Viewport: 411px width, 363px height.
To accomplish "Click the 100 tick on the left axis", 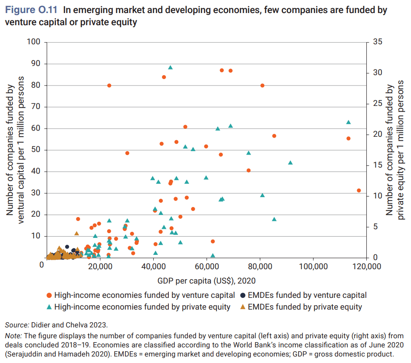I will [33, 42].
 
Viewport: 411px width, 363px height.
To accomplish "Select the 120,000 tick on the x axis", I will [366, 266].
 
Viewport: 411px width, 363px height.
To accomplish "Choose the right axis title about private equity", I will [395, 150].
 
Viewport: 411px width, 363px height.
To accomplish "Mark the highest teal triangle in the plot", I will [171, 67].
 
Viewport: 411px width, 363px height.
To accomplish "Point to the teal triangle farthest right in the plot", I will [348, 122].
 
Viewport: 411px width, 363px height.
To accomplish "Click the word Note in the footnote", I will [13, 336].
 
